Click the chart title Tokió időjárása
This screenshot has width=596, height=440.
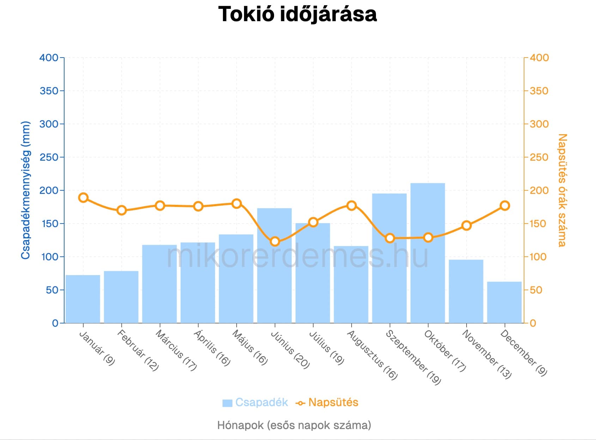(297, 14)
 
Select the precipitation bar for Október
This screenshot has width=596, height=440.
(428, 252)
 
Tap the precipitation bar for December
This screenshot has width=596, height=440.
(504, 302)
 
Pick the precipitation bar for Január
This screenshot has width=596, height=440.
(83, 299)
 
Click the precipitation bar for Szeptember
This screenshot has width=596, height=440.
(389, 258)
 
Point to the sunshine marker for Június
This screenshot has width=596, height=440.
(275, 242)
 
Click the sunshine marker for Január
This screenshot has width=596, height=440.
(83, 197)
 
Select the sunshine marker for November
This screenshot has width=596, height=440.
(466, 225)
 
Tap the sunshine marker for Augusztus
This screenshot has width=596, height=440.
(351, 206)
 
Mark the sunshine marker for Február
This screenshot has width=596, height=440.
(122, 210)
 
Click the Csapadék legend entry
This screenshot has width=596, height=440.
(255, 402)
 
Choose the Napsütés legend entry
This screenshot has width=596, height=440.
(327, 402)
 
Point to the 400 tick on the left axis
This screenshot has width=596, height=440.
(49, 58)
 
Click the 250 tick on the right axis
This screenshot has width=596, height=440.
(539, 157)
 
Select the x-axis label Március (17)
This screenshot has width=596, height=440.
(176, 350)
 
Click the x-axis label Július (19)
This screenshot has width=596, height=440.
(326, 347)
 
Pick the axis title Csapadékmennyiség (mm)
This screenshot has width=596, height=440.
(25, 190)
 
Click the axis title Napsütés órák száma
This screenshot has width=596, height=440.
(562, 190)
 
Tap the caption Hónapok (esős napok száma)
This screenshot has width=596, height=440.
(294, 425)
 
